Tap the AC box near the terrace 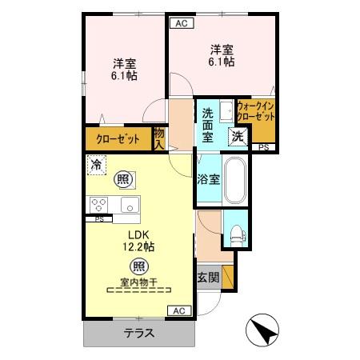click(178, 310)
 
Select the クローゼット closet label click(118, 139)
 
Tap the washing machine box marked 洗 click(238, 136)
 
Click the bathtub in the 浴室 click(235, 182)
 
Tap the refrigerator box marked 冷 click(96, 166)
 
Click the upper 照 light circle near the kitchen click(122, 178)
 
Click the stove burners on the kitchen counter click(100, 204)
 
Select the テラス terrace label click(138, 332)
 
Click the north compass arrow click(265, 329)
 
